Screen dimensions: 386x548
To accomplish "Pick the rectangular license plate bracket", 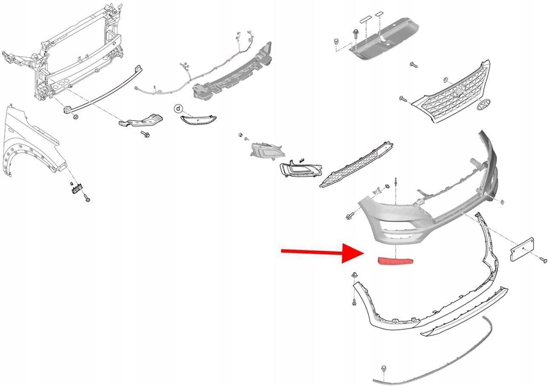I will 522,249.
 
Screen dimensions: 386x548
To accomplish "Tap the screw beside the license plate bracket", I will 543,260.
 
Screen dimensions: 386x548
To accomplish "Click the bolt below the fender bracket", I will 87,198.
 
